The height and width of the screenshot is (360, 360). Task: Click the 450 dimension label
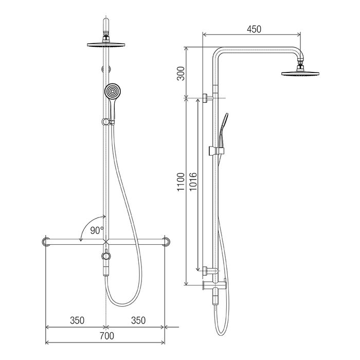(x=254, y=29)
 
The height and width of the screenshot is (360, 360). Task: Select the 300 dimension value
(x=181, y=74)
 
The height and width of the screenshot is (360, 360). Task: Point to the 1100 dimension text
(x=181, y=182)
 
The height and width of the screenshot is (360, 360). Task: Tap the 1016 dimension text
(x=193, y=182)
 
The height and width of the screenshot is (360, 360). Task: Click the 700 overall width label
(x=107, y=336)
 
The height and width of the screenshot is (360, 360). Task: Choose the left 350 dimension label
(x=77, y=320)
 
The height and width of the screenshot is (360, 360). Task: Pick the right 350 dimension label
(x=138, y=320)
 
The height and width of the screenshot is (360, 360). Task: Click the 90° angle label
(x=97, y=230)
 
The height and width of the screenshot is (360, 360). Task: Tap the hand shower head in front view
(x=113, y=91)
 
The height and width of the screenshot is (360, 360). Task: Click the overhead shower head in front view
(x=106, y=44)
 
